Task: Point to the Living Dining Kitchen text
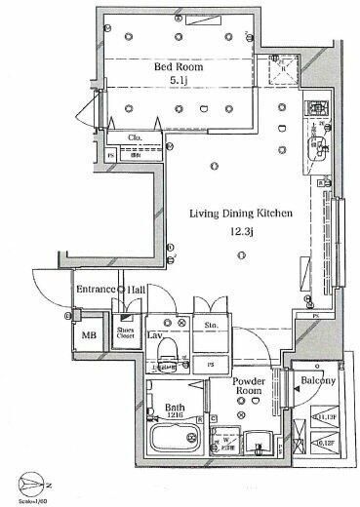click(232, 212)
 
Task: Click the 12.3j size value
click(232, 231)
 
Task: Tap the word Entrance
click(95, 291)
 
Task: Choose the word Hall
click(137, 291)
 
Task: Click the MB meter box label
click(89, 336)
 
